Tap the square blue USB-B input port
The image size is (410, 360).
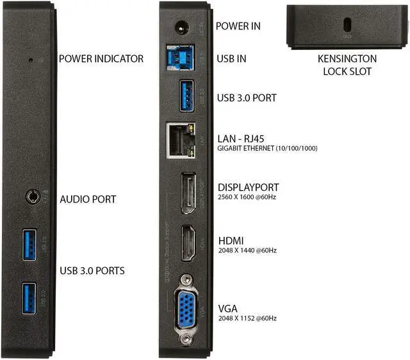coord(182,56)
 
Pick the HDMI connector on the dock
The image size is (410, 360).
coord(188,243)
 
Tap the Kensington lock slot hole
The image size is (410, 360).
coord(347,24)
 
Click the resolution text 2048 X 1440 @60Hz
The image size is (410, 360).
coord(247,250)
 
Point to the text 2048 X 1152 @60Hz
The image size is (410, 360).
coord(247,318)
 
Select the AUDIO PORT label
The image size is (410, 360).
coord(88,199)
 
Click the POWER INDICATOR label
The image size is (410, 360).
coord(101,59)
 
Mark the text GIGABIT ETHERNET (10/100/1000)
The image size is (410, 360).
coord(268,148)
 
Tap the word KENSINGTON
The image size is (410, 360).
coord(347,59)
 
